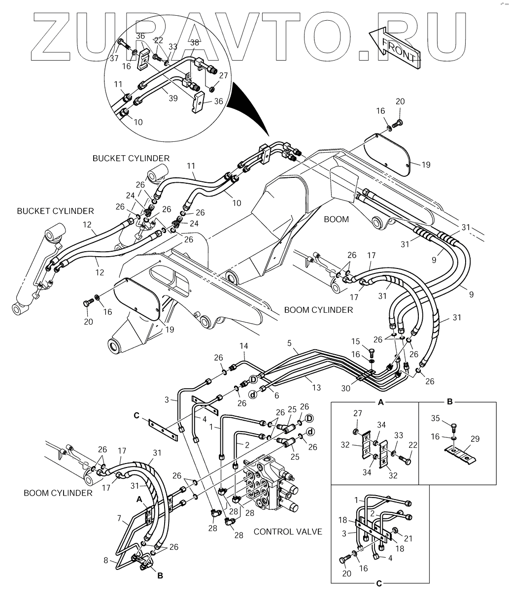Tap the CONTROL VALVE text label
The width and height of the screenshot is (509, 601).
click(x=288, y=532)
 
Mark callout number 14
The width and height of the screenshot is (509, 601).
click(x=243, y=347)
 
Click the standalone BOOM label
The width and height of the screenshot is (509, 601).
click(x=337, y=219)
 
